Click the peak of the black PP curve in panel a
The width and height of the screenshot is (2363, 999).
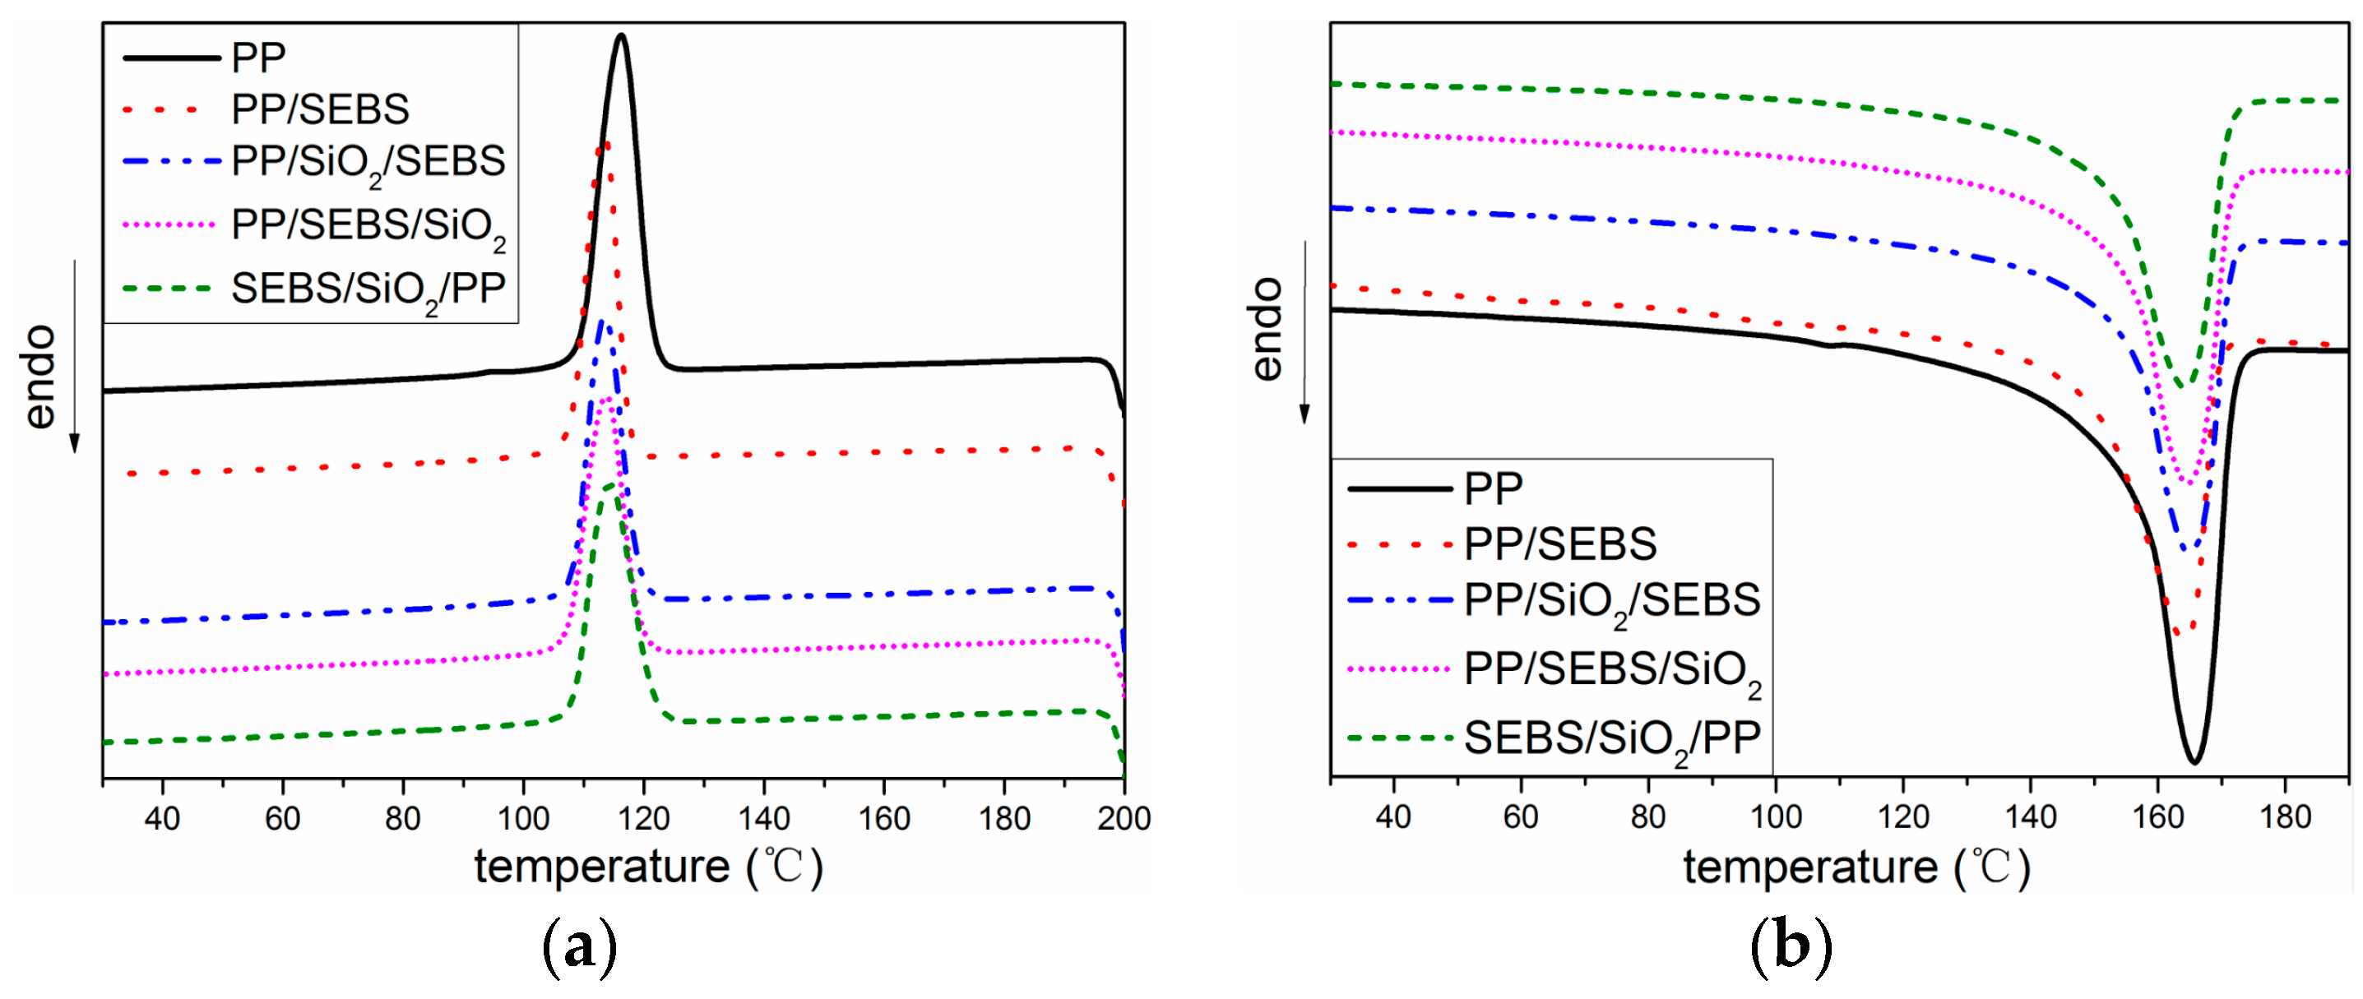point(621,37)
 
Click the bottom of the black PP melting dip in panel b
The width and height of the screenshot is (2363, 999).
point(2194,761)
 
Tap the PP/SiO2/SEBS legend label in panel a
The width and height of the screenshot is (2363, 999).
point(368,161)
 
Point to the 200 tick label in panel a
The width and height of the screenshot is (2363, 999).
point(1124,817)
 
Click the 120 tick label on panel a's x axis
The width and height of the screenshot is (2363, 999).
point(643,817)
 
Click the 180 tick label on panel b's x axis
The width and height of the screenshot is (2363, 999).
point(2284,816)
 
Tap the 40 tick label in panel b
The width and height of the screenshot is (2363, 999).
point(1392,816)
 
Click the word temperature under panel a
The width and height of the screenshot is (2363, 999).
point(602,867)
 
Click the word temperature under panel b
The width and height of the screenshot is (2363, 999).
point(1809,867)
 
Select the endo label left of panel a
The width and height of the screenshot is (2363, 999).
point(40,376)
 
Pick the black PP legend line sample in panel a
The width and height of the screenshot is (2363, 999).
point(172,58)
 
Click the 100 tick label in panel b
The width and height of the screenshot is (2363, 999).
point(1775,816)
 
